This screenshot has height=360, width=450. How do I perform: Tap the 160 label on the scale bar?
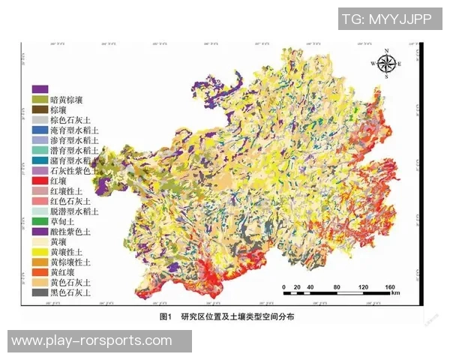(x=389, y=287)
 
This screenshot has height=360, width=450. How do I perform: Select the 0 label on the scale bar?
(x=284, y=287)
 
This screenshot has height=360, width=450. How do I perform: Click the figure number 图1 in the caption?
(x=166, y=317)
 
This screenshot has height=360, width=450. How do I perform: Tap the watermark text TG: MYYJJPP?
(x=386, y=20)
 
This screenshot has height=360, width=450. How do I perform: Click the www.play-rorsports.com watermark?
(x=91, y=340)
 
